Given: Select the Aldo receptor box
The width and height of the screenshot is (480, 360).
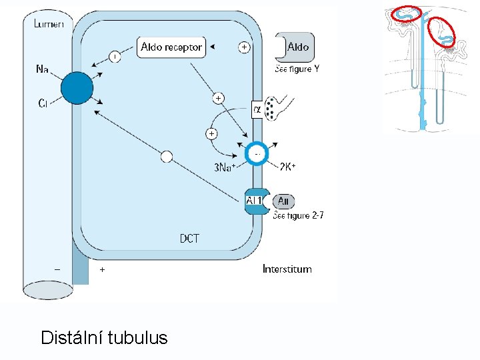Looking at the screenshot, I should [x=171, y=47].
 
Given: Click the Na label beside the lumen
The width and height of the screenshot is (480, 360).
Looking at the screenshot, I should [x=42, y=68].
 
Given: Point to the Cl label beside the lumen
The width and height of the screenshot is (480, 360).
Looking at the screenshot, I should [x=43, y=103].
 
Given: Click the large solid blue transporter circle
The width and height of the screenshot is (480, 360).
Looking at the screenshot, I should [x=76, y=88].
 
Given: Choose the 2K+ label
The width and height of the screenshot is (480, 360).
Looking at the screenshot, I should [x=287, y=167].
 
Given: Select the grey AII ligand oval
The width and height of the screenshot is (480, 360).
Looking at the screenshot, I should [x=283, y=201].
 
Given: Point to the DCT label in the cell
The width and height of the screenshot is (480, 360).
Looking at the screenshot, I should [x=189, y=238].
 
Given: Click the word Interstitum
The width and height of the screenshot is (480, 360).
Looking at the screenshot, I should [x=287, y=269].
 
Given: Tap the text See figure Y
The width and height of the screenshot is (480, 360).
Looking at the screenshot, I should [x=297, y=69].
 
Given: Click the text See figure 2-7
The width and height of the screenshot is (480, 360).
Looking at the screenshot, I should [x=298, y=215].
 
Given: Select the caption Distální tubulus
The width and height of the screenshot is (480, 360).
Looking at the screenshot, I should [x=104, y=337].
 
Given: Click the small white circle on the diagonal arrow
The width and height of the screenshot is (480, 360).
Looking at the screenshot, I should [x=167, y=157].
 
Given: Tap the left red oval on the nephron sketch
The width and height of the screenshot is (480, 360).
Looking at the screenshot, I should [x=407, y=13].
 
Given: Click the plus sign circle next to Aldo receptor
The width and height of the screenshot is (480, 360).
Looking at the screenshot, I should [x=245, y=47].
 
